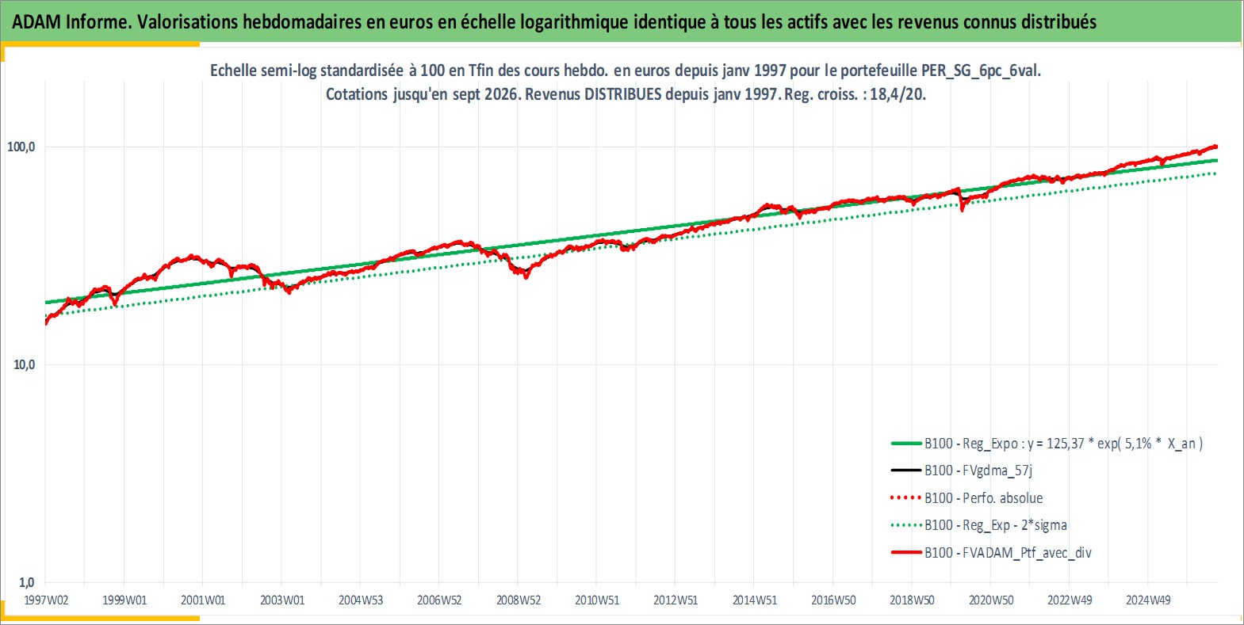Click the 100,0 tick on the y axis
click(x=21, y=147)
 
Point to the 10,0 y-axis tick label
click(x=25, y=364)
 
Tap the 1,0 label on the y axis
click(x=27, y=582)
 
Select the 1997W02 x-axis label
click(x=46, y=600)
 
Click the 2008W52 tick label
click(x=519, y=600)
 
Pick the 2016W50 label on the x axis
click(x=833, y=600)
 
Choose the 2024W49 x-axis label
click(x=1148, y=600)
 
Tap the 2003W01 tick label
click(x=282, y=600)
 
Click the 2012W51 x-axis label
click(x=676, y=600)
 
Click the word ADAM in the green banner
click(x=36, y=21)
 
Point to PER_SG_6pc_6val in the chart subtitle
click(x=981, y=71)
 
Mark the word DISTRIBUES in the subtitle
click(x=622, y=94)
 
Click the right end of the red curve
click(x=1217, y=147)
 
